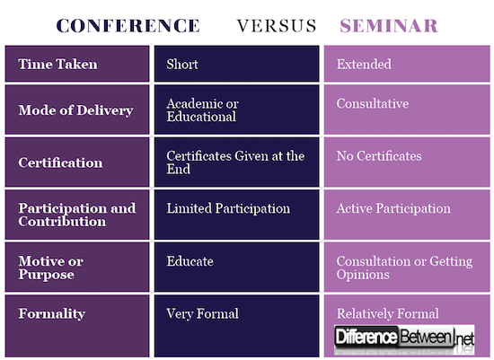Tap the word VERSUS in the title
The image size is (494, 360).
pos(277,24)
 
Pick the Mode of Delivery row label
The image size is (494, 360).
pos(75,110)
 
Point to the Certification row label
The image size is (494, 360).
pos(60,163)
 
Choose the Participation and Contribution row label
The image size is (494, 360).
pos(77,214)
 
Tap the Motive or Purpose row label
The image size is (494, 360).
pos(51,268)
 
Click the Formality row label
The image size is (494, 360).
pos(51,314)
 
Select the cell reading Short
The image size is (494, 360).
pos(181,65)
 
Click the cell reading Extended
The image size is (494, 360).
pos(363,65)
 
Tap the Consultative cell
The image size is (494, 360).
pos(372,104)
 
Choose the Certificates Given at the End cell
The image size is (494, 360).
pos(235,162)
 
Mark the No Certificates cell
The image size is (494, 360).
pos(378,156)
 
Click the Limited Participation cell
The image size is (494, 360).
pos(228,208)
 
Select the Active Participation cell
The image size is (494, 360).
pos(393,208)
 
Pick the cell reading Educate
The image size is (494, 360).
pos(190,261)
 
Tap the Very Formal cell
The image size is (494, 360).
pos(202,313)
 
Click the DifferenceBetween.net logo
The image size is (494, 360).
pos(403,338)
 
